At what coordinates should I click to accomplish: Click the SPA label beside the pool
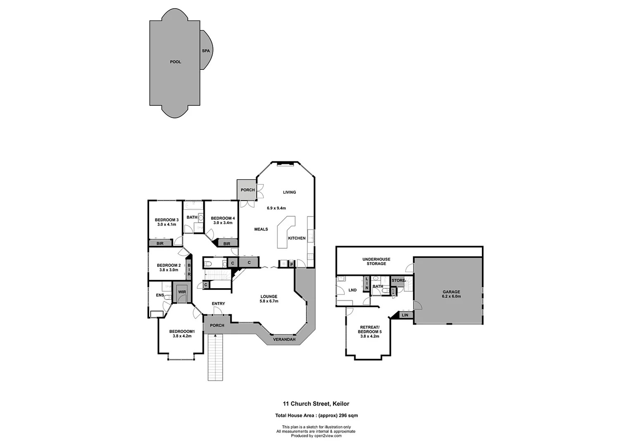(206, 51)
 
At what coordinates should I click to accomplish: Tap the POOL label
(176, 62)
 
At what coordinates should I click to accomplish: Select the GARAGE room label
(451, 292)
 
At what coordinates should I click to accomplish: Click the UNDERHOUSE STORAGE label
(376, 261)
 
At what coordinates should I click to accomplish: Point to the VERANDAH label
(284, 339)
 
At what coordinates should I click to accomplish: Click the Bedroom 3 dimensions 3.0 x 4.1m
(166, 225)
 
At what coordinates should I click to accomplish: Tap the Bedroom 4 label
(223, 218)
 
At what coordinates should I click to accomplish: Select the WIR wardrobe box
(182, 292)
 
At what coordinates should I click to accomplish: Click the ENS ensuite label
(160, 295)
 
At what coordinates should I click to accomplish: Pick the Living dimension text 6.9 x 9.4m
(276, 208)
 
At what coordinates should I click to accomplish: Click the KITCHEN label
(297, 238)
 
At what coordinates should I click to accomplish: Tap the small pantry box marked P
(292, 264)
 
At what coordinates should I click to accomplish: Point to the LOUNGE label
(269, 297)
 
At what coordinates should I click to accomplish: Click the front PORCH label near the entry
(217, 325)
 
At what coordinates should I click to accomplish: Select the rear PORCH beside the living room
(247, 190)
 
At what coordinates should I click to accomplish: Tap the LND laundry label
(352, 290)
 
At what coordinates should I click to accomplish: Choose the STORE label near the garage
(399, 281)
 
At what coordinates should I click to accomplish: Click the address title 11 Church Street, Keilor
(316, 404)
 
